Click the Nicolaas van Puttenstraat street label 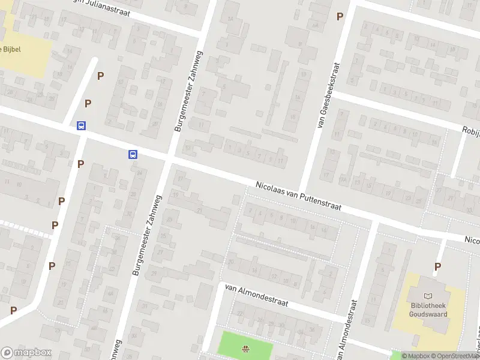tap(298, 197)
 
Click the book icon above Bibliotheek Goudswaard tap(428, 296)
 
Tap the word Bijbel tap(12, 49)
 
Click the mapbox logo tap(26, 353)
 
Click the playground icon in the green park tap(245, 349)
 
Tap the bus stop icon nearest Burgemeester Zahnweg tap(133, 154)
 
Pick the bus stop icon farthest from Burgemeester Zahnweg tap(81, 125)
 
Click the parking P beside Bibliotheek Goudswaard tap(438, 266)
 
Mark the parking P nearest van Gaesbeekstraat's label tap(340, 17)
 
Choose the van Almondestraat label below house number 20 tap(256, 295)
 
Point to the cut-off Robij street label tap(470, 130)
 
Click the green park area tap(234, 342)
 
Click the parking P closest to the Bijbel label tap(100, 76)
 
